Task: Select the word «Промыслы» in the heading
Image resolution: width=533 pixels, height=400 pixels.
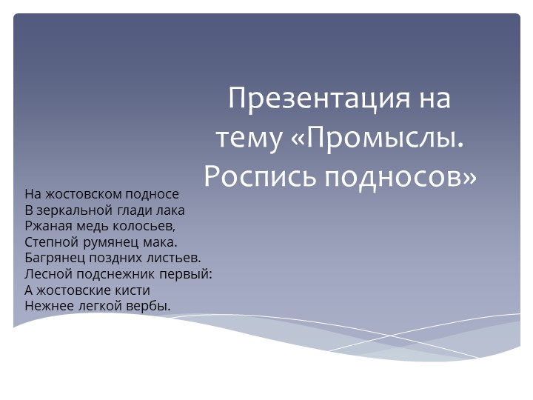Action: (x=383, y=138)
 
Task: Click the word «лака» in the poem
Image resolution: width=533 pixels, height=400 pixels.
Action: (x=170, y=210)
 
